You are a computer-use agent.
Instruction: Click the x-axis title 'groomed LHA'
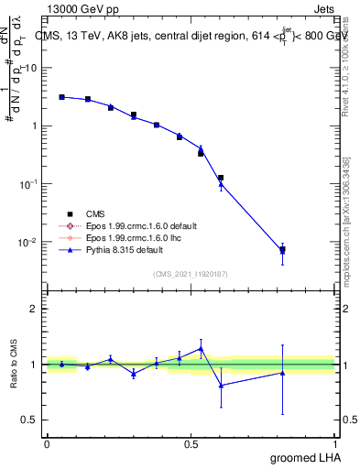point(302,457)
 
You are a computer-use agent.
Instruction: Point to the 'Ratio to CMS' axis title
point(14,365)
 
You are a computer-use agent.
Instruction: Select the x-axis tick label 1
point(335,443)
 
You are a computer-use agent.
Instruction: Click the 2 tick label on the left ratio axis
point(34,309)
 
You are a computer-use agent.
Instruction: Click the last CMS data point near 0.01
point(282,249)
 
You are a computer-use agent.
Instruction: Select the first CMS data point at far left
point(61,96)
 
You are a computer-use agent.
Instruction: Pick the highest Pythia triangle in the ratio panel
point(201,348)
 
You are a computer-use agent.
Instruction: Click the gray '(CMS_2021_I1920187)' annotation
point(190,274)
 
